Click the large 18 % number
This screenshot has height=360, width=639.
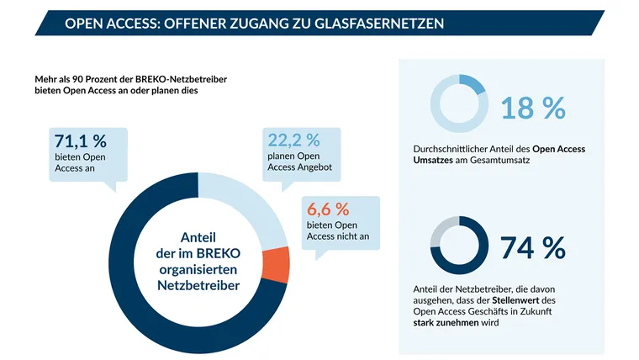tap(532, 108)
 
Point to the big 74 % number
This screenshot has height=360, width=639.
tap(532, 247)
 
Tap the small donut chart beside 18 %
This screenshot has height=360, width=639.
tap(457, 107)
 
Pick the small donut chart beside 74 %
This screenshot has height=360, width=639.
tap(457, 246)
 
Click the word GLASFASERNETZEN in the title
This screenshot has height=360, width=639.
tap(372, 24)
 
